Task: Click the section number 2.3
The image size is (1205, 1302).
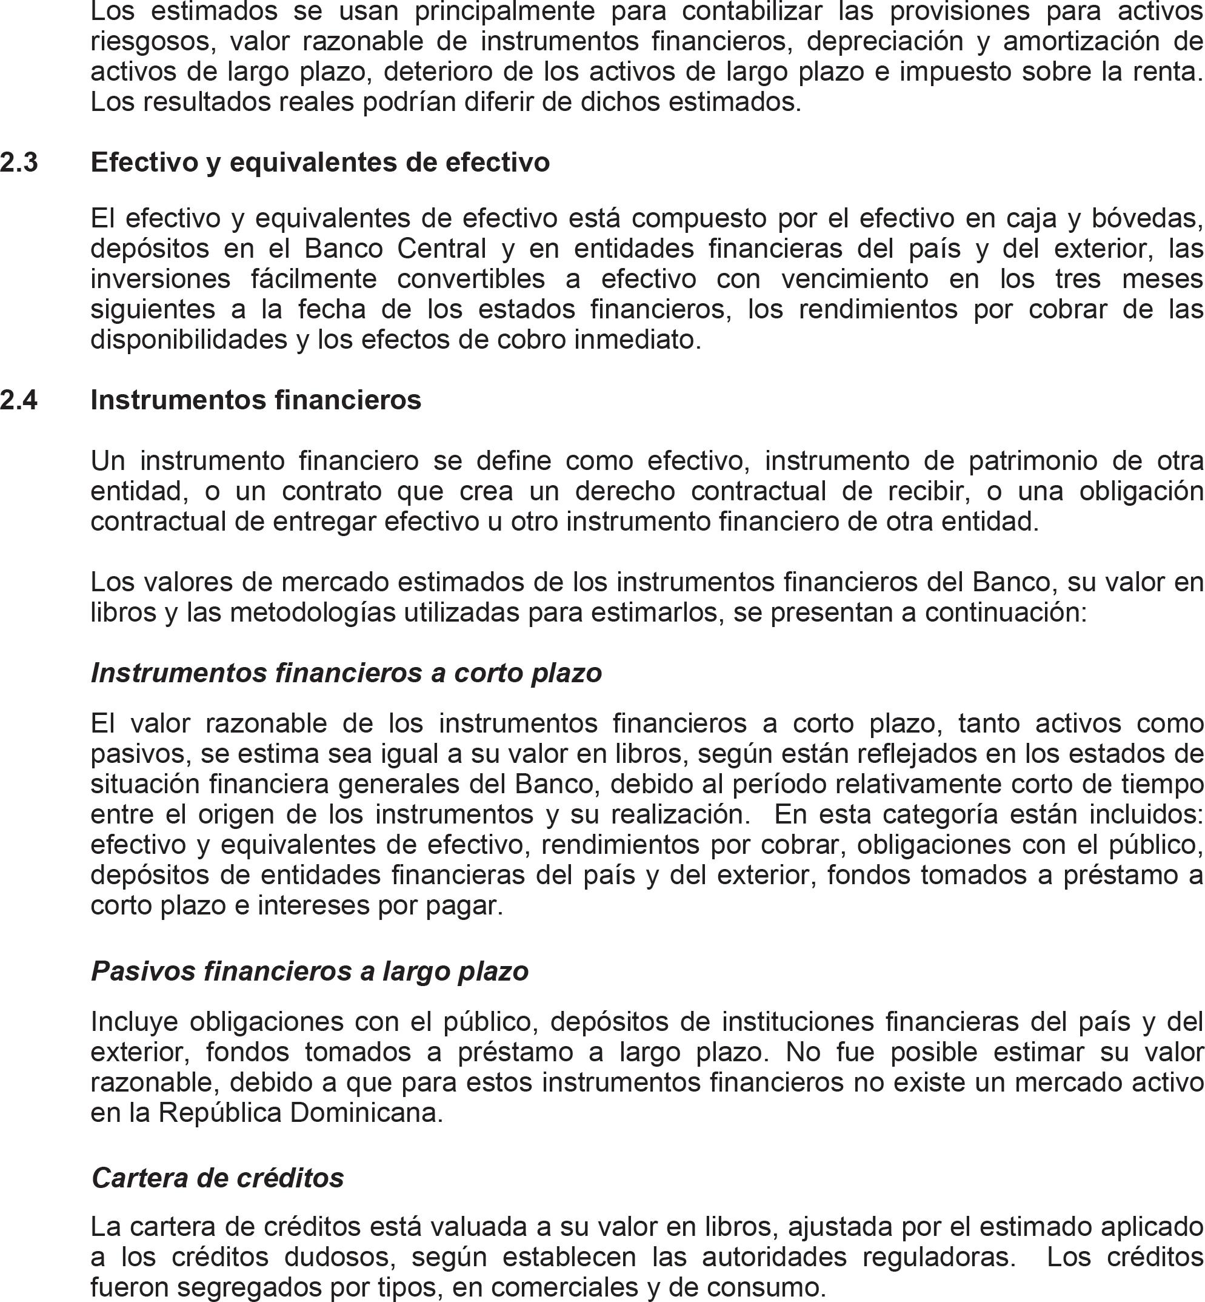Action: [x=19, y=163]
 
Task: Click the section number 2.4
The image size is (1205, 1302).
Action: [x=19, y=400]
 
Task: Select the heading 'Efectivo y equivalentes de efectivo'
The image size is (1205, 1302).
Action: [x=320, y=163]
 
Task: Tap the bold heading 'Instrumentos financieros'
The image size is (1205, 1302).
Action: [x=256, y=400]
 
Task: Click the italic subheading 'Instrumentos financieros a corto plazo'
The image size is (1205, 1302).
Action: [x=346, y=673]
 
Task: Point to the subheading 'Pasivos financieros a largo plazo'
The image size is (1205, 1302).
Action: [x=310, y=971]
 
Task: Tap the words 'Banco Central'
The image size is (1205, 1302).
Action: [x=396, y=249]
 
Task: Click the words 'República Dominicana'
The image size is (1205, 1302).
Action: [x=300, y=1112]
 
